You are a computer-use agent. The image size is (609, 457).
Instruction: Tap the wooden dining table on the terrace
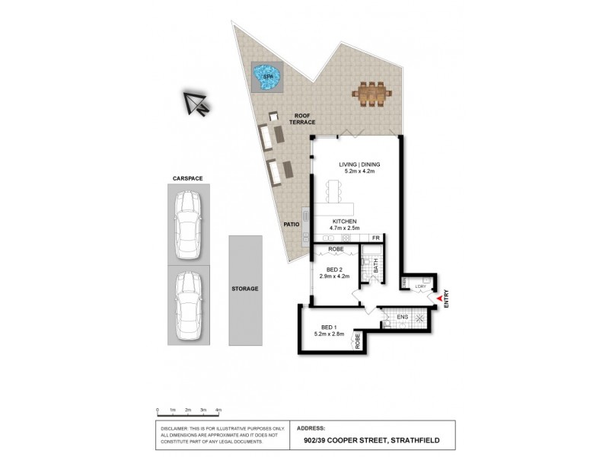tap(371, 94)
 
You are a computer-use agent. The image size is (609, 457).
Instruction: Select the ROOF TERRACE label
tap(301, 119)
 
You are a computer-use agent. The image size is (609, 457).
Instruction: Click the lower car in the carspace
tap(187, 304)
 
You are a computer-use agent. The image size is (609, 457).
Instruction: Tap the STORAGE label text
tap(245, 289)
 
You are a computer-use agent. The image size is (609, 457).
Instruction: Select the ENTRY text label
tap(448, 296)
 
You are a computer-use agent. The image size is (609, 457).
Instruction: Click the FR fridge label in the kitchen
tap(375, 238)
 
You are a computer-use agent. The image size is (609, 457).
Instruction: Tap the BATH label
tap(375, 266)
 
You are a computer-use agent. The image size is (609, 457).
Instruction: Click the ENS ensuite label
tap(402, 316)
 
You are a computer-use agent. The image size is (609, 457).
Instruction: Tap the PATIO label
tap(291, 225)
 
